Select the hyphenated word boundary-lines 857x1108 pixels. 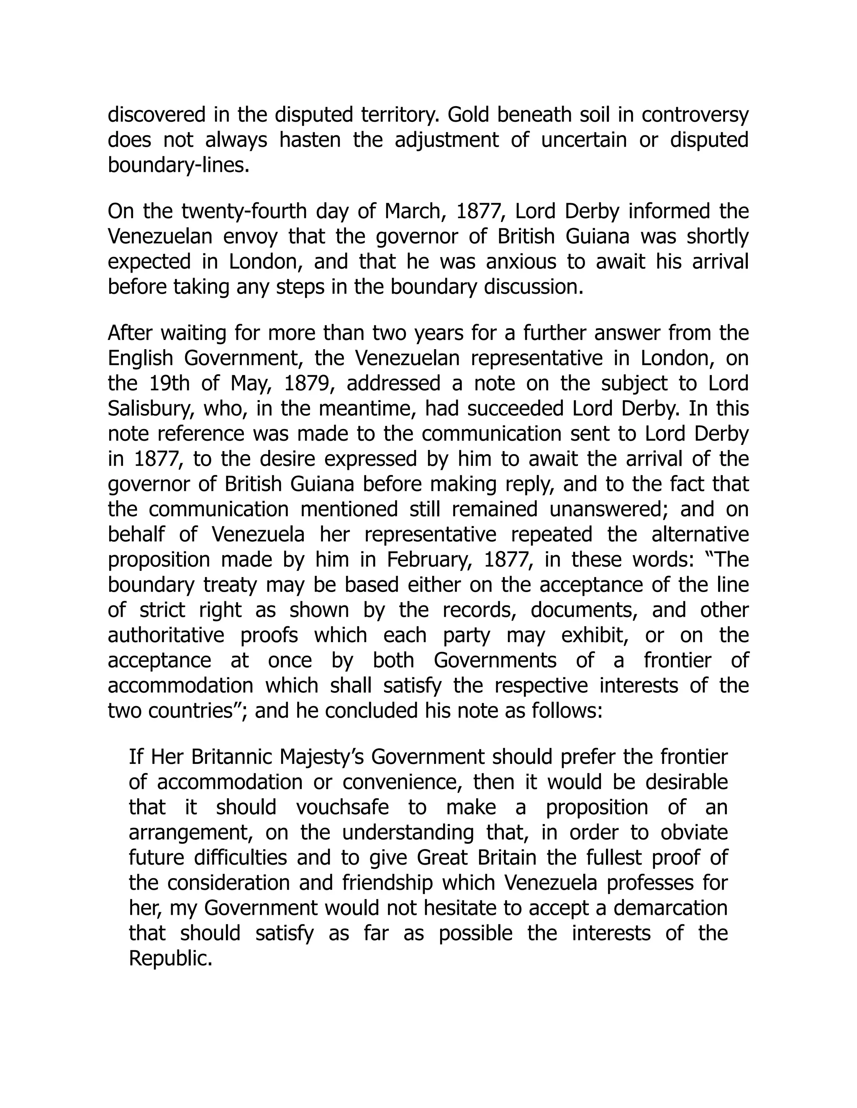tap(179, 166)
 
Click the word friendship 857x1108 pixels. tap(387, 883)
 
